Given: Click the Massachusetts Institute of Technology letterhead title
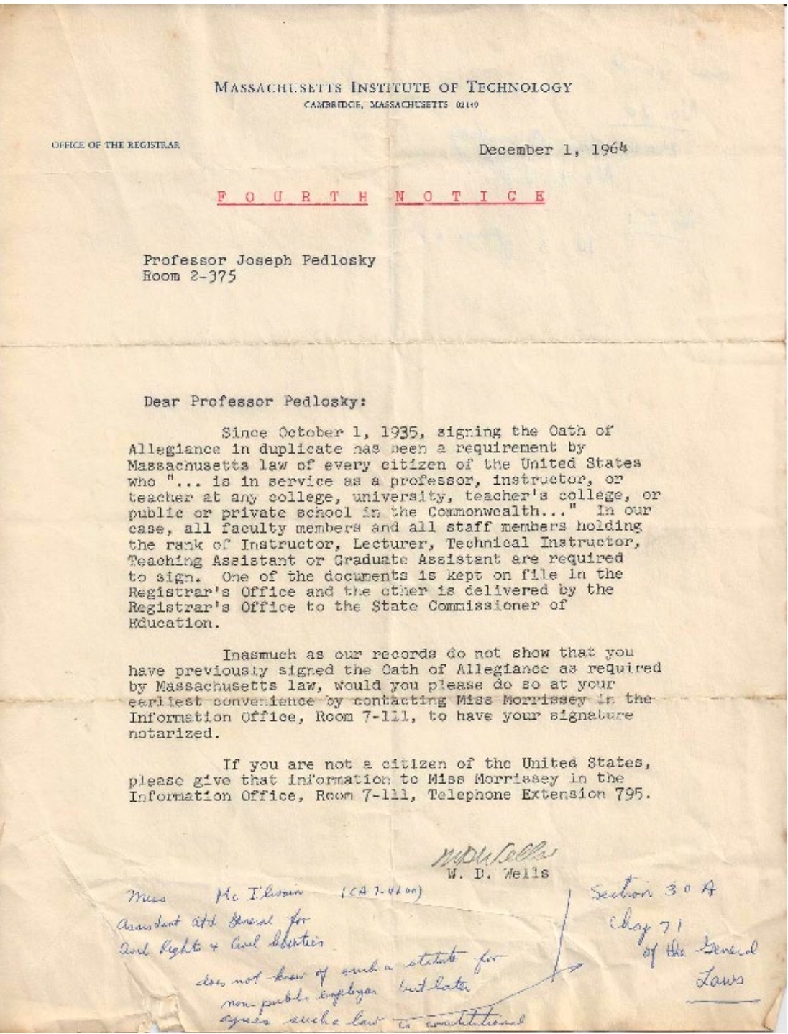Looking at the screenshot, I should point(393,88).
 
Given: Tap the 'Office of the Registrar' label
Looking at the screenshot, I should point(115,145).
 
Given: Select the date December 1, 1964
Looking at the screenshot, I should point(553,150).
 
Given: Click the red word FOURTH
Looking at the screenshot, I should point(292,196).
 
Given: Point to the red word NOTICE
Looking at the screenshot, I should point(469,196).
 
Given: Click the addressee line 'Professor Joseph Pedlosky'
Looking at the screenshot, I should point(259,260).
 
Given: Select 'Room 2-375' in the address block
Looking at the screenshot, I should point(190,277).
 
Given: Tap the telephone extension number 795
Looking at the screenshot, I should point(633,795).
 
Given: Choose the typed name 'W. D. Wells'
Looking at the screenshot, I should point(498,874).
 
